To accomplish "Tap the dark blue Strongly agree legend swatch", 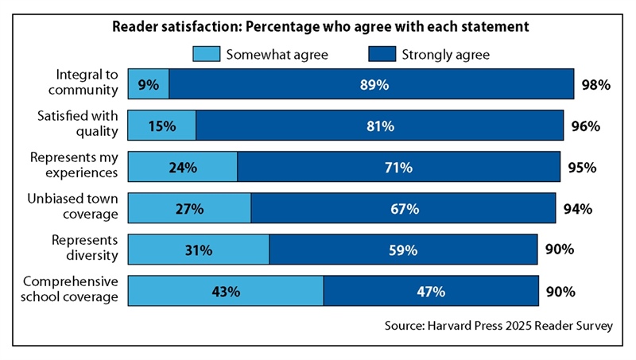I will tap(382, 55).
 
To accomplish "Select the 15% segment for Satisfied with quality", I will tap(162, 126).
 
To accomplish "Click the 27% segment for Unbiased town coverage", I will tap(190, 209).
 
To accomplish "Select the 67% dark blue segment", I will tap(403, 209).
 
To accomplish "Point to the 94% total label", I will tap(578, 209).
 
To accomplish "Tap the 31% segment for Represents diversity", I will tap(199, 250).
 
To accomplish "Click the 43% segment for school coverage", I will tap(226, 292).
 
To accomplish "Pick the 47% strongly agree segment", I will tap(430, 292).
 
